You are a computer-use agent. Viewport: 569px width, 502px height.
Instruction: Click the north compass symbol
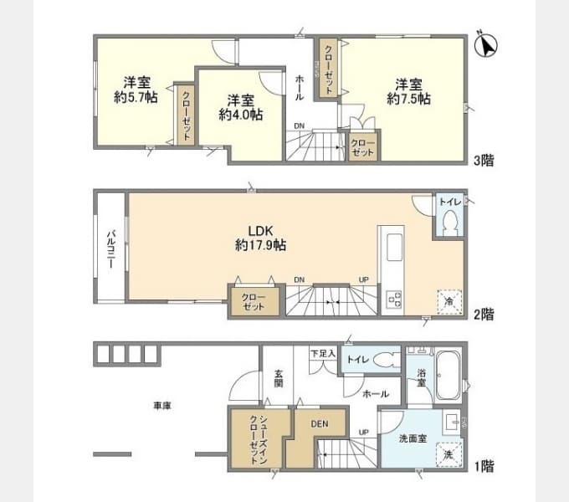pos(485,45)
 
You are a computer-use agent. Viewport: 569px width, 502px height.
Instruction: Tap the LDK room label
pos(260,231)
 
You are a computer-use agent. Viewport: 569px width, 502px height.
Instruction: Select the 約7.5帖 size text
pos(408,99)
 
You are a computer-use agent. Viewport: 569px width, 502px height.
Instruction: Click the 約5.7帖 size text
pos(136,97)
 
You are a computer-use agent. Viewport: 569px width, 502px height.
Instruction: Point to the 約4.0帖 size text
pos(241,115)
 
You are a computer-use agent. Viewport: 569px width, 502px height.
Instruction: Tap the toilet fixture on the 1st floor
pos(386,360)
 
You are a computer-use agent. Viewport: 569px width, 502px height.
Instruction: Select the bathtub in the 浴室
pos(448,375)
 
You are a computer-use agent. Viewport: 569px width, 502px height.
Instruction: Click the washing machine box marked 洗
pos(449,454)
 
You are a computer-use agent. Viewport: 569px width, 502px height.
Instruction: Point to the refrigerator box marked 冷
pos(449,301)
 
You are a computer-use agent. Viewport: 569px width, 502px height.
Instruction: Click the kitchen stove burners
pos(394,299)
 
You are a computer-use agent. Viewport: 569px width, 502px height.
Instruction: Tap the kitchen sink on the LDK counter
pos(394,248)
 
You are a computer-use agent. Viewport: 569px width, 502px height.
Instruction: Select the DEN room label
pos(320,423)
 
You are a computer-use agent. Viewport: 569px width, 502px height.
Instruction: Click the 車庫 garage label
pos(162,406)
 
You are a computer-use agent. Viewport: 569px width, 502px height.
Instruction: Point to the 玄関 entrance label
pos(279,378)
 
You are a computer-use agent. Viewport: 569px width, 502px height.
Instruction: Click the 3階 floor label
pos(484,161)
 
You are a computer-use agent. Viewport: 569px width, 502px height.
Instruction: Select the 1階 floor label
pos(484,466)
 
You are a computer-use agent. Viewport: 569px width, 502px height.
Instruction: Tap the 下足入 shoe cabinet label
pos(323,353)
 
